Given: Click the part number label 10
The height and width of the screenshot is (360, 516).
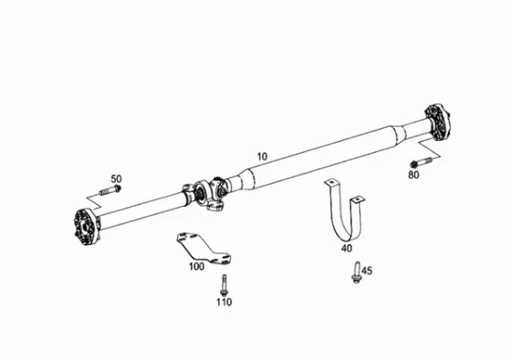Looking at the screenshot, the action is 262,156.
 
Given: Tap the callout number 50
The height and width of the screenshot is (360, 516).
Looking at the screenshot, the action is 116,179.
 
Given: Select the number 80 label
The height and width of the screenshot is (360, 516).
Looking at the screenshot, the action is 414,175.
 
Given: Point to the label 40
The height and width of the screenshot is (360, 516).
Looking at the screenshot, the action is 347,248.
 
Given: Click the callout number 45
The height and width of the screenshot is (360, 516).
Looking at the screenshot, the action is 367,271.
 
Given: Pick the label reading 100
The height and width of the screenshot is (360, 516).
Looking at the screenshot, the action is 196,266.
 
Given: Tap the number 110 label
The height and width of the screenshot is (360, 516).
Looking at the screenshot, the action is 224,302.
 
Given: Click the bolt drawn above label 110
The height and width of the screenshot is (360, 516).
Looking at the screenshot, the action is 224,285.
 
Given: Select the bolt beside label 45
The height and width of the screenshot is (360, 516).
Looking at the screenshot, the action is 356,272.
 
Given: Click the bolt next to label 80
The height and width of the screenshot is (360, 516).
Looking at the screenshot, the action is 421,162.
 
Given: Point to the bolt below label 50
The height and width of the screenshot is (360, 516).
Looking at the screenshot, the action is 110,191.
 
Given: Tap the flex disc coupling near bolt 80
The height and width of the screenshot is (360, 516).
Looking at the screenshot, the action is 438,123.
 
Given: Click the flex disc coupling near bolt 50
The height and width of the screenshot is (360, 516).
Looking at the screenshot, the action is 86,228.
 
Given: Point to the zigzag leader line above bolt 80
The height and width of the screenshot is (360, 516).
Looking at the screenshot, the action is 429,149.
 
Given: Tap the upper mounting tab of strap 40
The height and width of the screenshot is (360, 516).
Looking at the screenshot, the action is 331,183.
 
